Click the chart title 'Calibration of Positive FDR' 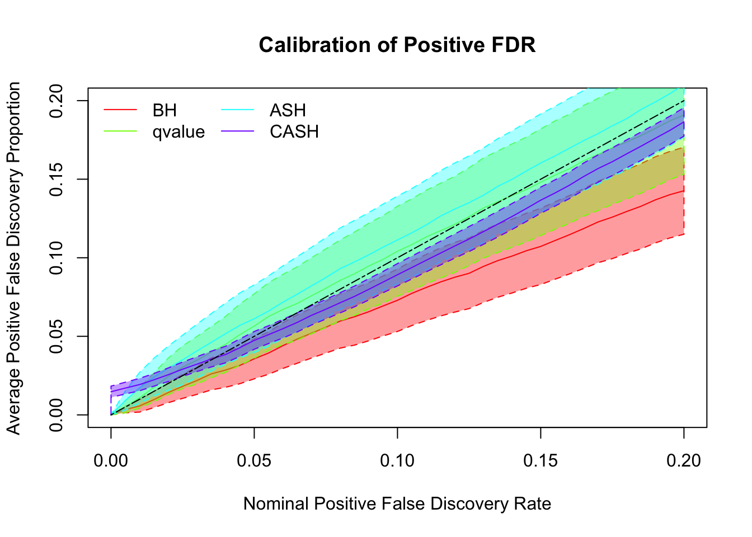397,45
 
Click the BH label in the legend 164,110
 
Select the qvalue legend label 178,132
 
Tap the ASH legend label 288,110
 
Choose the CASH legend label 294,132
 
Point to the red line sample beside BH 120,110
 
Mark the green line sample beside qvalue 120,132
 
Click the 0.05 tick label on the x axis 254,460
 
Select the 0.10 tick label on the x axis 397,460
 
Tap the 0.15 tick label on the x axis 540,460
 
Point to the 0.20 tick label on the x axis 684,460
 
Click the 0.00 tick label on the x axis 111,460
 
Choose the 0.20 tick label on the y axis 57,101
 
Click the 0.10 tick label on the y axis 57,258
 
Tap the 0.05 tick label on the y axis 57,336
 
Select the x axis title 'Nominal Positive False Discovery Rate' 397,504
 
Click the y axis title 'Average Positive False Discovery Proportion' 14,258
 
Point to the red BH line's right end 683,191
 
